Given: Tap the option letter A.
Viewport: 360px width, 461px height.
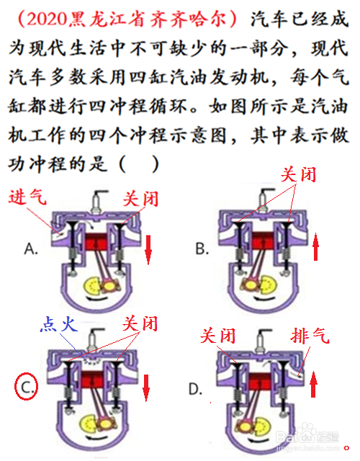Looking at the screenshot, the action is click(31, 249).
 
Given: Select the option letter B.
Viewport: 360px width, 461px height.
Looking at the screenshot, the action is click(202, 249).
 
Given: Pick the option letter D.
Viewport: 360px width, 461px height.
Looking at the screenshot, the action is click(195, 389).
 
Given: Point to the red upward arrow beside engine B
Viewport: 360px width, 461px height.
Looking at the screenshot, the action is click(315, 246).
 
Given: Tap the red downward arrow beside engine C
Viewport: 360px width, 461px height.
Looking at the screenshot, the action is click(146, 388).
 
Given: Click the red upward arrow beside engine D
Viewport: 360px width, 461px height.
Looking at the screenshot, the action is click(314, 384).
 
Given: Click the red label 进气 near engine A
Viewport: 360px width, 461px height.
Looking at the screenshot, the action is click(27, 196).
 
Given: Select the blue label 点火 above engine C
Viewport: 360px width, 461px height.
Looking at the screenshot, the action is click(59, 324).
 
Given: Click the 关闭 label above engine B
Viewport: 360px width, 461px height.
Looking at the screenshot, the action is click(299, 174).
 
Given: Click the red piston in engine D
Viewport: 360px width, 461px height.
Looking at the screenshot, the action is click(260, 381).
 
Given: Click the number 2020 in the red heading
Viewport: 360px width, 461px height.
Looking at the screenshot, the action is click(46, 19).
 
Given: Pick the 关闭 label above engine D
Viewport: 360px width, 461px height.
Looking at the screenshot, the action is click(217, 336).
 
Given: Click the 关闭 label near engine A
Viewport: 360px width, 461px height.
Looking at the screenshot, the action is click(140, 199).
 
